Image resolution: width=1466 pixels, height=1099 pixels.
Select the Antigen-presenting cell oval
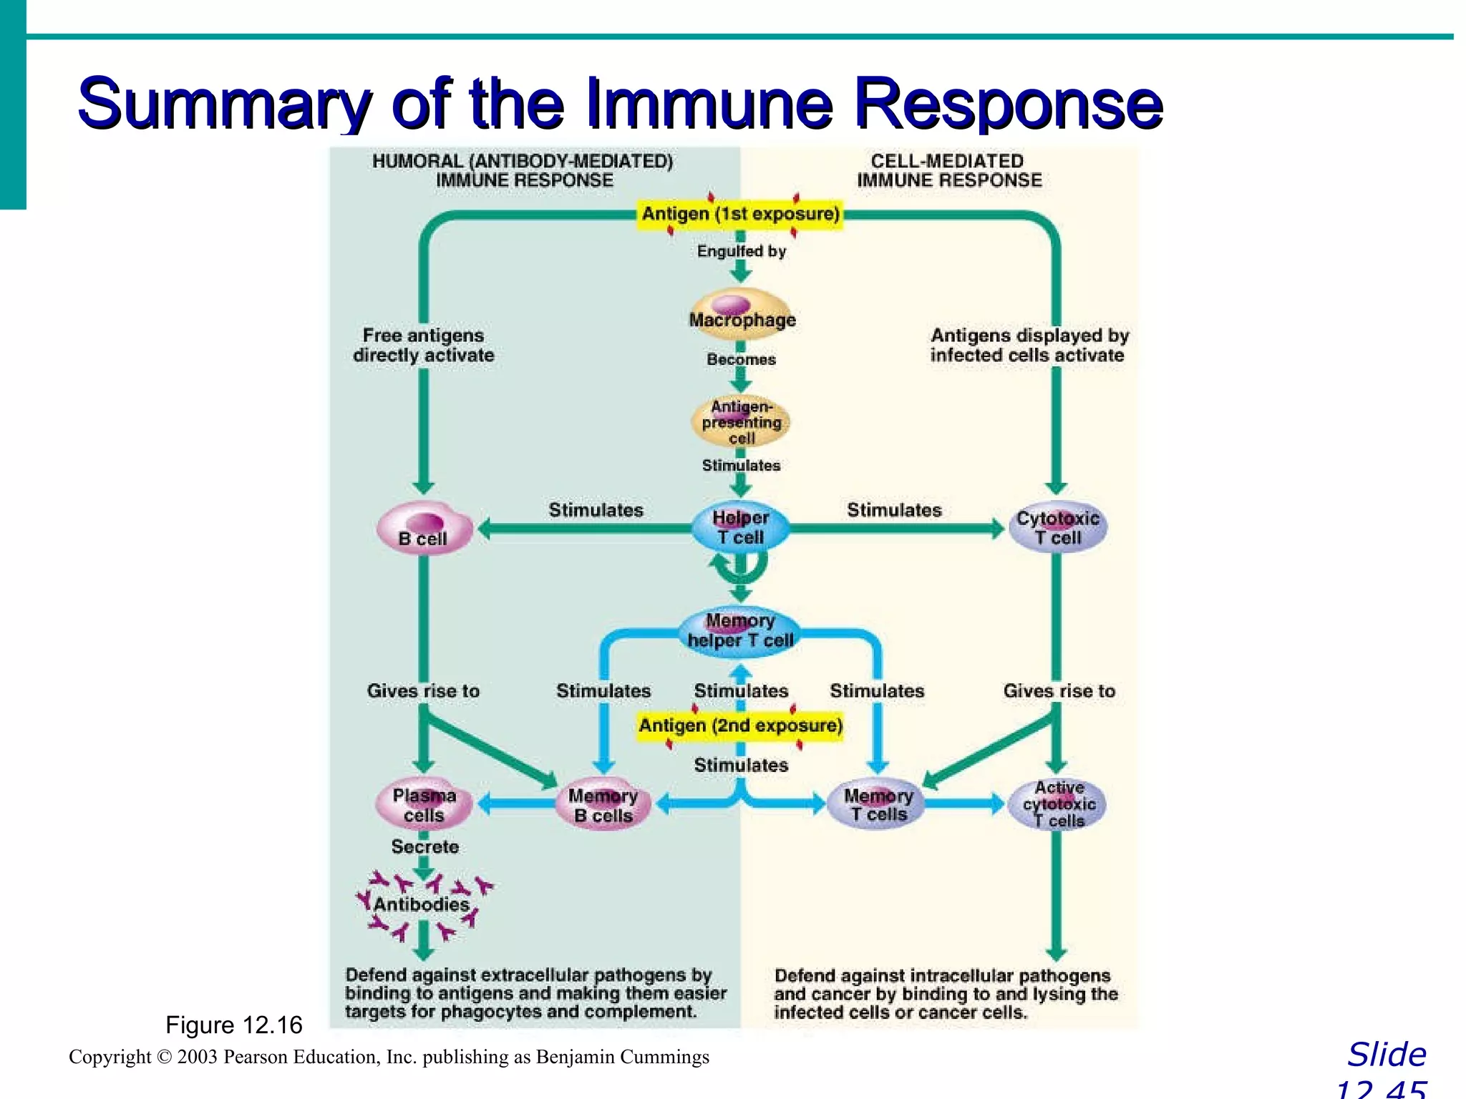point(742,422)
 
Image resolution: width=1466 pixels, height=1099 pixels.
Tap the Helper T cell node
point(741,528)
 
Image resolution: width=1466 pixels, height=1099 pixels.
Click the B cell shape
point(424,528)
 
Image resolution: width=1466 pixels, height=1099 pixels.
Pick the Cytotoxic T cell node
point(1057,528)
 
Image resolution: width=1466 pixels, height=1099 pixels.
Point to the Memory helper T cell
point(741,631)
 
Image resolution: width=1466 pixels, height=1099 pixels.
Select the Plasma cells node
point(424,805)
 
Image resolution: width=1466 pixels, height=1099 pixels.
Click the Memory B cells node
point(603,806)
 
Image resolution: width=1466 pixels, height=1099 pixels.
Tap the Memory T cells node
point(878,806)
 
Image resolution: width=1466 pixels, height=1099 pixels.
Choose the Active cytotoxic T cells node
point(1058,804)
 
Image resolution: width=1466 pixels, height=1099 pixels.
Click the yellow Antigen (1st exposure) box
point(741,214)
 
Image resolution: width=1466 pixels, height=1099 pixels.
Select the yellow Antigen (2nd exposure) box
point(741,726)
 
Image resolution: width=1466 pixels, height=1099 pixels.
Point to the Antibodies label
point(422,904)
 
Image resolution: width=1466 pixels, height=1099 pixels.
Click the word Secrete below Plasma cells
point(424,847)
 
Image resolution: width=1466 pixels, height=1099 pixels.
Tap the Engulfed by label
point(742,251)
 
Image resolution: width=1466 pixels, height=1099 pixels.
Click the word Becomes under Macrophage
point(742,359)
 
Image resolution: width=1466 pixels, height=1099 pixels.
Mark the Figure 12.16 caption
point(234,1025)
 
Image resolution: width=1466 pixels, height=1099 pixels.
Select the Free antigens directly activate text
point(423,346)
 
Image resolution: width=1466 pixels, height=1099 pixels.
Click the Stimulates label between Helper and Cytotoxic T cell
point(894,510)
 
